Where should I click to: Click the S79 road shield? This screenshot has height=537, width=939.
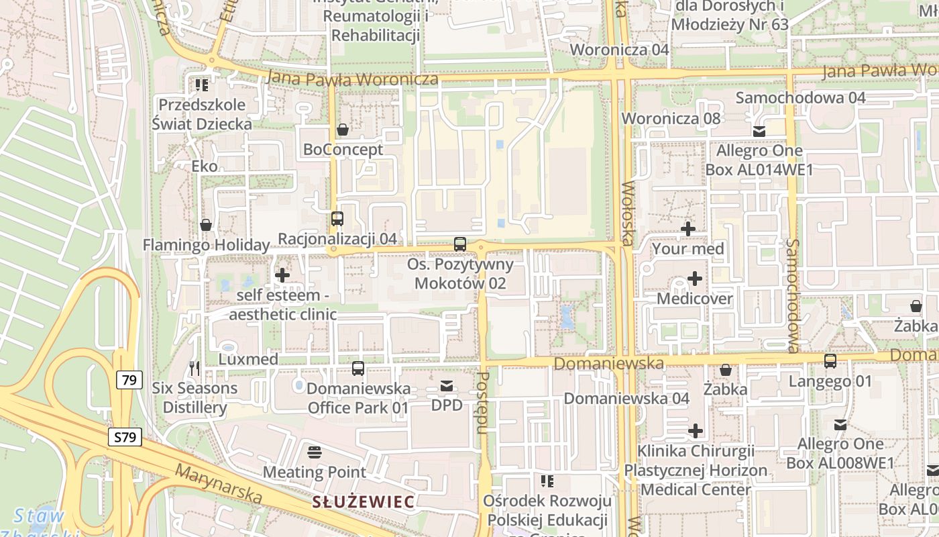125,438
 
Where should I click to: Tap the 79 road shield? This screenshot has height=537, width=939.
129,381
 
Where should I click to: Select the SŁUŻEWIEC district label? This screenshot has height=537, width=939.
364,501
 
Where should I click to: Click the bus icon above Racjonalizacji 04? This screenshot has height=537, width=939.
337,219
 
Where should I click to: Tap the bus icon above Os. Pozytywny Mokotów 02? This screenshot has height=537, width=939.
460,244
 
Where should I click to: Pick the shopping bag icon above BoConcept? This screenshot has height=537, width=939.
343,130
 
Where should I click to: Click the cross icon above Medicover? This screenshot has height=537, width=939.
695,279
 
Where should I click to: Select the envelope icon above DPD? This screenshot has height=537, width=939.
447,386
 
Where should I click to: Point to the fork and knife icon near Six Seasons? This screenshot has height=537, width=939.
195,368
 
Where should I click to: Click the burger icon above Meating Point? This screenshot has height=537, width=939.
314,452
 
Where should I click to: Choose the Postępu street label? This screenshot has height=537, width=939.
482,403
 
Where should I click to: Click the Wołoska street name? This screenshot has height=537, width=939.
628,213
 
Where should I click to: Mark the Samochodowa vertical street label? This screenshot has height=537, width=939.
793,295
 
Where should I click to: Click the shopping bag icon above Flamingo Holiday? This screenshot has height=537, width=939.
206,225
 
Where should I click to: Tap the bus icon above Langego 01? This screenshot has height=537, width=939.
830,361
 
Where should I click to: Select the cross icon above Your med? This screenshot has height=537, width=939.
688,229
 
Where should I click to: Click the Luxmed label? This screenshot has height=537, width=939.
248,359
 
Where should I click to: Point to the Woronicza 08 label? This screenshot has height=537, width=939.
670,119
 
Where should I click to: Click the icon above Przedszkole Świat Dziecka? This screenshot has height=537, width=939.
201,85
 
